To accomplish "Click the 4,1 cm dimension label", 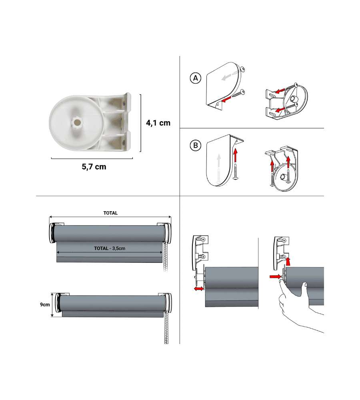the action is click(158, 123).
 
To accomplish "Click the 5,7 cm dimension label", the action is click(94, 167).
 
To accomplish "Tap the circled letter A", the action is click(196, 78).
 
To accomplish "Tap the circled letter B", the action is click(196, 146).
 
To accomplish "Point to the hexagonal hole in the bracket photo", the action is click(76, 123).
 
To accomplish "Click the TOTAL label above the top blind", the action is click(110, 213).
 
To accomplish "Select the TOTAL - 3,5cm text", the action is click(110, 248).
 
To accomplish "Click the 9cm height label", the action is click(45, 304).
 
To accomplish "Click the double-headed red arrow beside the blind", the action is click(199, 288).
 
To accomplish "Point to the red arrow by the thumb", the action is click(275, 276).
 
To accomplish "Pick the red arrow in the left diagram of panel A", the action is click(226, 99).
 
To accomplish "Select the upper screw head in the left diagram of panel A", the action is click(242, 69).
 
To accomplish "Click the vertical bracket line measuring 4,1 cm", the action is click(140, 123).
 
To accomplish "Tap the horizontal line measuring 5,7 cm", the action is click(92, 158).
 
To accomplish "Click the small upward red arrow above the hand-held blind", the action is click(288, 261).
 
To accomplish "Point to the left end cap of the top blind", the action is click(53, 233).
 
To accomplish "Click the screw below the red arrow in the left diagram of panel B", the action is click(236, 172).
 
